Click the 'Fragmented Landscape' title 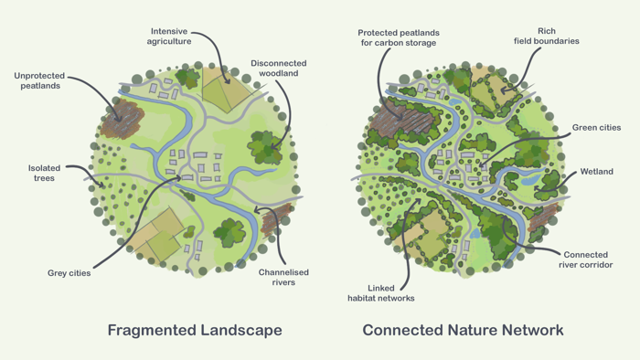pos(195,330)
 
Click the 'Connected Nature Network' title pos(463,330)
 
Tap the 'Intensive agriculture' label pos(170,37)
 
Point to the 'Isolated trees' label pos(44,173)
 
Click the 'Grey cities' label pos(69,273)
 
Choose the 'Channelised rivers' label pos(283,277)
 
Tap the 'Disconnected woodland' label pos(279,69)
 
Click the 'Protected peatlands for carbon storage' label pos(397,37)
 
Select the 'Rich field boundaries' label pos(547,37)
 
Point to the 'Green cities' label pos(596,128)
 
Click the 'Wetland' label pos(596,172)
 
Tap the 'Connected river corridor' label pos(585,260)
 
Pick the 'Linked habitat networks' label pos(380,292)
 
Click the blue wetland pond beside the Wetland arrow pos(529,180)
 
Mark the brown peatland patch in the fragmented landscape pos(124,117)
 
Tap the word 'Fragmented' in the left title pos(149,330)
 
